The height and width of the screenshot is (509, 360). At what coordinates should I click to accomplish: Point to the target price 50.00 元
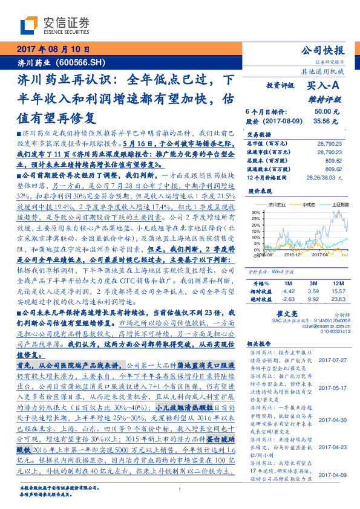coord(322,112)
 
